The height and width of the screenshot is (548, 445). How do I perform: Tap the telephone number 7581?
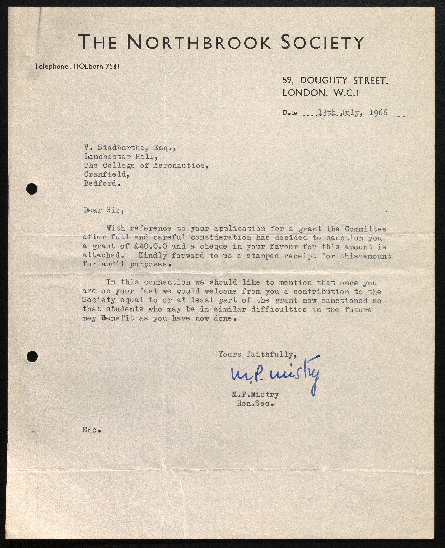point(113,66)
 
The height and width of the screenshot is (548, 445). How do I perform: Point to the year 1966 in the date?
point(378,112)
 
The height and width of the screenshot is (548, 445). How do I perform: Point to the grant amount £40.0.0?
point(151,246)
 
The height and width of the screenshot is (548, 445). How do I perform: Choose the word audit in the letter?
point(113,264)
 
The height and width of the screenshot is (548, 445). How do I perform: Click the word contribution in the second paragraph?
point(321,292)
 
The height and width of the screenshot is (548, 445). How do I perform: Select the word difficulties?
point(279,310)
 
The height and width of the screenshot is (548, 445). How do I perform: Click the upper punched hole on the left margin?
point(32,189)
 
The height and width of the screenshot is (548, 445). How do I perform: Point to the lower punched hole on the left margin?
point(32,357)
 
